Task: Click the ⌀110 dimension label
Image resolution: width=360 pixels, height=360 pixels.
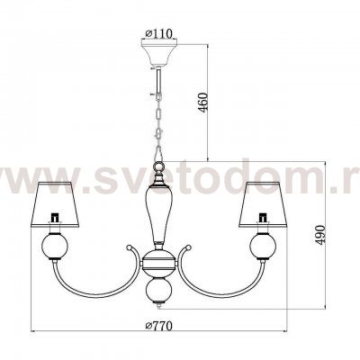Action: point(158,33)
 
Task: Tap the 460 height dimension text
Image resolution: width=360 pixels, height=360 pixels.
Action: point(203,103)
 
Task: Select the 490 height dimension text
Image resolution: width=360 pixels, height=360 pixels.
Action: point(321,235)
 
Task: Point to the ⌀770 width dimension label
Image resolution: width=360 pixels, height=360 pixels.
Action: point(158,326)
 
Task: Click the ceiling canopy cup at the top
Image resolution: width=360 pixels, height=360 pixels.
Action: point(159,53)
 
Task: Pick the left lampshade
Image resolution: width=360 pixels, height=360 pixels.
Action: point(55,203)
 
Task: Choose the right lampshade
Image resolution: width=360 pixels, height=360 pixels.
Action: point(263,203)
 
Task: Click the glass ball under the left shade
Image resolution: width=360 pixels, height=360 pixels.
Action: point(55,246)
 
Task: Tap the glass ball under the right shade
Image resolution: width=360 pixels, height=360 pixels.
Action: point(263,246)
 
